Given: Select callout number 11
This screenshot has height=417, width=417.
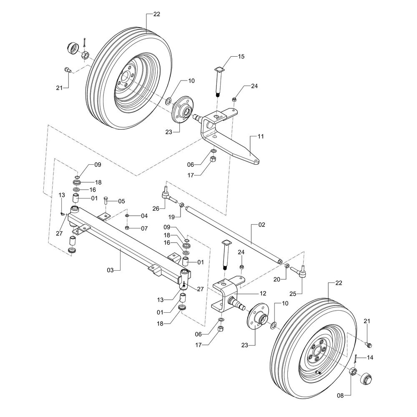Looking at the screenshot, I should (261, 136).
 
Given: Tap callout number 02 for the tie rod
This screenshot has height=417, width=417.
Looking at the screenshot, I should (261, 225).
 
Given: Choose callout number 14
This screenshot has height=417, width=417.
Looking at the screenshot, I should (370, 358).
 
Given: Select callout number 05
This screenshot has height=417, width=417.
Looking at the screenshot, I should (121, 201).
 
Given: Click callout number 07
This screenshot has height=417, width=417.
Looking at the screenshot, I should (144, 228).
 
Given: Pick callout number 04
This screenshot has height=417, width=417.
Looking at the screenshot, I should (144, 216).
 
